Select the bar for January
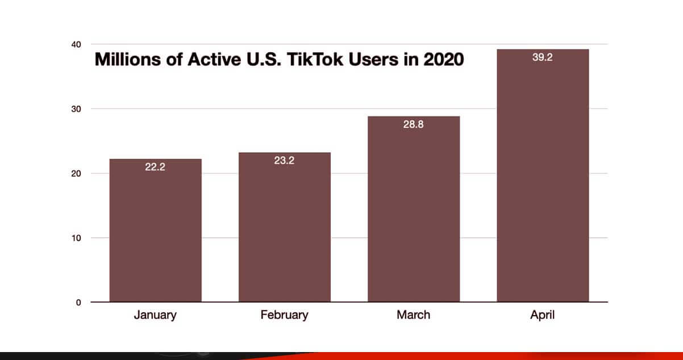(x=155, y=233)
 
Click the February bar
(x=284, y=230)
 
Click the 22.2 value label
(x=155, y=168)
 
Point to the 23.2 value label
(x=284, y=161)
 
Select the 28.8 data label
(x=413, y=125)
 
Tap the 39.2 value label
(x=542, y=58)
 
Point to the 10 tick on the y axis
(x=76, y=238)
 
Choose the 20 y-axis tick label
(x=76, y=173)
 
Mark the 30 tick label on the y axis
(x=76, y=109)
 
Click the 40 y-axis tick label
(x=76, y=44)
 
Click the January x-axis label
(x=155, y=315)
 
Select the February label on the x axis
(x=284, y=315)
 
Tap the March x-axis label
(x=413, y=315)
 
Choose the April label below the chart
(x=542, y=315)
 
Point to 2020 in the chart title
(x=443, y=60)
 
